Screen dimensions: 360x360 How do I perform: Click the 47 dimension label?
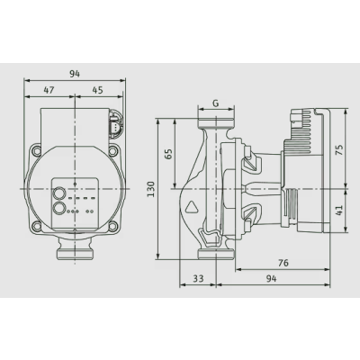[49, 90]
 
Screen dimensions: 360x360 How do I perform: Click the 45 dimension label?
[97, 90]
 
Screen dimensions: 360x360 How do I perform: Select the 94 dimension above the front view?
[75, 74]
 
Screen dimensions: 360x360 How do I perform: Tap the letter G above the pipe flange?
[216, 103]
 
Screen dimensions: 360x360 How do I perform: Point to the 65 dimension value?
[169, 154]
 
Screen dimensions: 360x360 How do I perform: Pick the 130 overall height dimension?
[151, 189]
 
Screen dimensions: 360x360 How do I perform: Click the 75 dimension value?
[339, 148]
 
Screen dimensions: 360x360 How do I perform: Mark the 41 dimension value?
[339, 211]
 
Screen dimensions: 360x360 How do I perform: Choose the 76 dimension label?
[283, 263]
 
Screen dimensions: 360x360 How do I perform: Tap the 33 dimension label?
[198, 278]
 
